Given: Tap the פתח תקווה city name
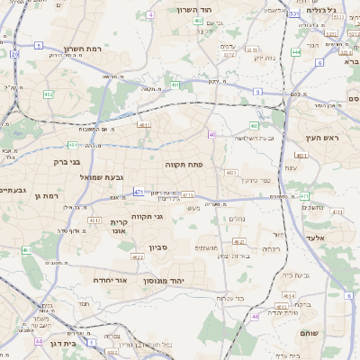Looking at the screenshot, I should click(181, 166).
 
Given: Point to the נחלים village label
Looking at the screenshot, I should click(232, 218).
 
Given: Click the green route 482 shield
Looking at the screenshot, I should click(48, 94).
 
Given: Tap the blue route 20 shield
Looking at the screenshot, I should click(14, 55).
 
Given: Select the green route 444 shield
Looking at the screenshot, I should click(296, 52).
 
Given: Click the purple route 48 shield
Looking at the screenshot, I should click(255, 317).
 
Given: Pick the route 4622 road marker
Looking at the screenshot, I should click(138, 258).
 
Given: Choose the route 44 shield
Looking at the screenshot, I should click(38, 342).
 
